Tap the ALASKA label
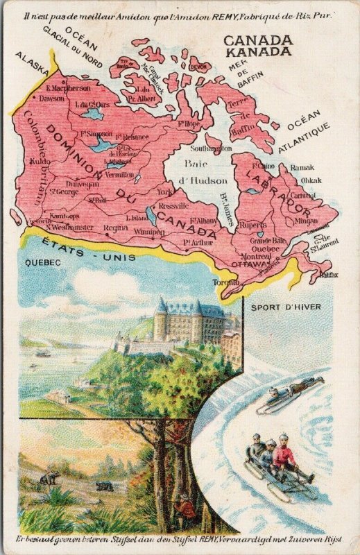32,62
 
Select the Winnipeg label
149,232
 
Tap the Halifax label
328,275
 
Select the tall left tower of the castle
162,318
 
